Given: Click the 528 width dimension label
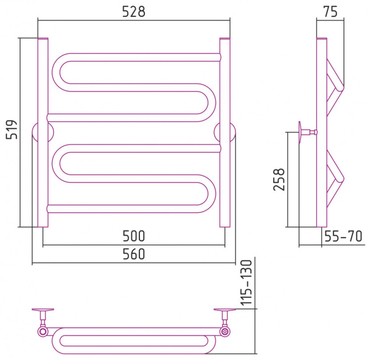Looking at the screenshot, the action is pos(134,11).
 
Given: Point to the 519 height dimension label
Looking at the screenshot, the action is pos(12,130).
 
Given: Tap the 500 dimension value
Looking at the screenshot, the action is pos(134,236).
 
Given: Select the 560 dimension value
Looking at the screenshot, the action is pos(134,254).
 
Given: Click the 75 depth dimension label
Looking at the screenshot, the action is pos(330,11).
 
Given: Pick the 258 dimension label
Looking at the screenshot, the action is pos(279,180).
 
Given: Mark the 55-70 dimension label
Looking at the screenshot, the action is pos(343,236).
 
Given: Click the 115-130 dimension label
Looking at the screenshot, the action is pos(246,282).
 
